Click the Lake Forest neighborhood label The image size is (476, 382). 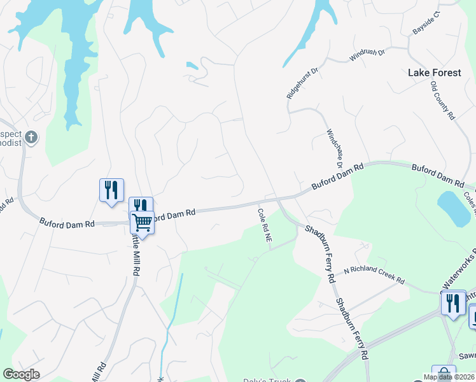pyautogui.click(x=435, y=73)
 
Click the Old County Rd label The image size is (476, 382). pyautogui.click(x=443, y=101)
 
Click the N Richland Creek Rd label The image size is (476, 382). pyautogui.click(x=374, y=275)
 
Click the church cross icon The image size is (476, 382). pyautogui.click(x=31, y=136)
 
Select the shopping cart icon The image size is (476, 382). pyautogui.click(x=142, y=222)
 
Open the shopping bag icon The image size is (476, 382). pyautogui.click(x=444, y=374)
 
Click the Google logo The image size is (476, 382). pyautogui.click(x=21, y=374)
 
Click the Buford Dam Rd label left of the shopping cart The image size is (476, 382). pyautogui.click(x=67, y=223)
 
